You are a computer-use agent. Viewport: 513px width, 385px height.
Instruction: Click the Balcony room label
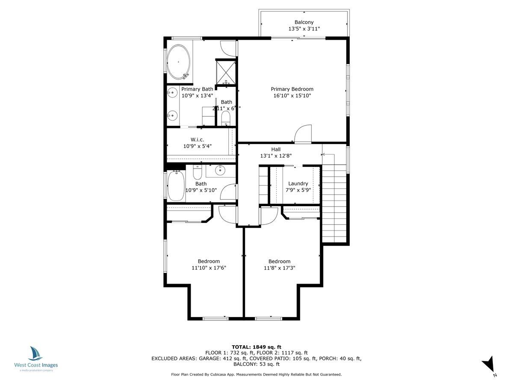coord(304,22)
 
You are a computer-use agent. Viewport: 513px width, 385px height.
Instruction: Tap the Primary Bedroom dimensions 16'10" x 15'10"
coord(292,96)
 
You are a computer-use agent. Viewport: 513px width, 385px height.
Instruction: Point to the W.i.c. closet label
coord(198,139)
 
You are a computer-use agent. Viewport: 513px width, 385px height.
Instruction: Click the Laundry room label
coord(298,184)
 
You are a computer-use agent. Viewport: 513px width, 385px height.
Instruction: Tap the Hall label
coord(276,149)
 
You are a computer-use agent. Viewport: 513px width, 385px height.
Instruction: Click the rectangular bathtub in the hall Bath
coord(176,186)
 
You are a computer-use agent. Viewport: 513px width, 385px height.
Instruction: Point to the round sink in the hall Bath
coord(220,171)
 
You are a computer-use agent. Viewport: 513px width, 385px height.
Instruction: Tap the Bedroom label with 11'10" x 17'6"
coord(209,261)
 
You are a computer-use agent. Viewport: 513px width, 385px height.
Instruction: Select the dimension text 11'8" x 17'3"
coord(279,268)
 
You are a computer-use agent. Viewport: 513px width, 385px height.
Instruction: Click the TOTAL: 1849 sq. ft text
coord(256,346)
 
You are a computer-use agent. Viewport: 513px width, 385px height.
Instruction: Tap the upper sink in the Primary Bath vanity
coord(173,92)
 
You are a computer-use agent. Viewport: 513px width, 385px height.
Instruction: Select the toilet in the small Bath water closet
coord(226,118)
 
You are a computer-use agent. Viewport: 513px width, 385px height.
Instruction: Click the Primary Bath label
coord(197,89)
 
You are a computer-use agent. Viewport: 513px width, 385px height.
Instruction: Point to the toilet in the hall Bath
coord(198,172)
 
